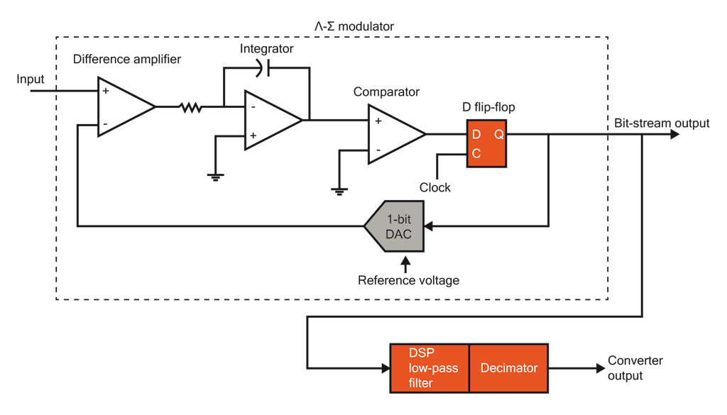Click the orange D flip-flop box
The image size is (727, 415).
(x=487, y=143)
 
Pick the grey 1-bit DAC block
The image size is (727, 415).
(x=395, y=226)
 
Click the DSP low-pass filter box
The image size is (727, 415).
(x=430, y=367)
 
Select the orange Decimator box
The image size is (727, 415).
(x=509, y=367)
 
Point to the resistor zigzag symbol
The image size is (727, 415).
(x=190, y=108)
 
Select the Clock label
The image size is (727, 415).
(x=435, y=188)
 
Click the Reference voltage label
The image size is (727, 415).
(x=408, y=280)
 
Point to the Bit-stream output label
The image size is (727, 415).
(x=662, y=123)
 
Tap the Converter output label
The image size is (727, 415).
(x=635, y=367)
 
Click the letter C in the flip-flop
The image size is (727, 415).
(x=476, y=153)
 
